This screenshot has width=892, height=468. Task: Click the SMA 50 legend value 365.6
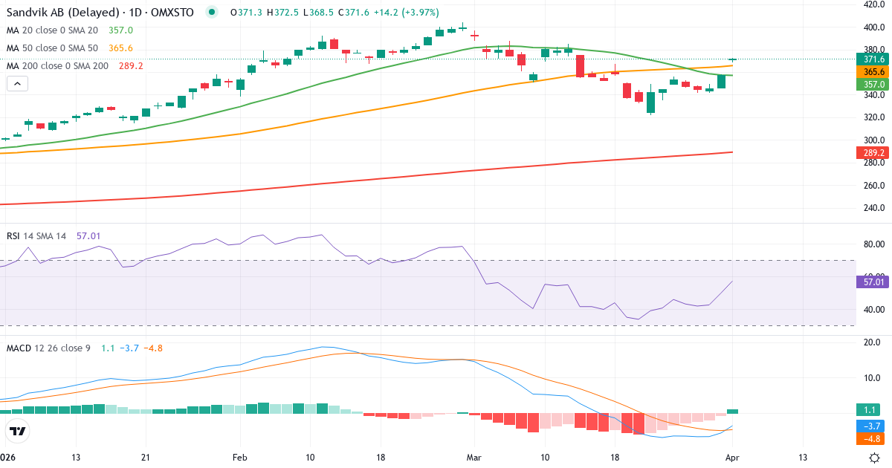(x=120, y=48)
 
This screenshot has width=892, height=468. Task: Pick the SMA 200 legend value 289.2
(x=130, y=66)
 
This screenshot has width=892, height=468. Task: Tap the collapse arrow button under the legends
(x=17, y=83)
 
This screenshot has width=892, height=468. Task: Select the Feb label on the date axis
(x=239, y=457)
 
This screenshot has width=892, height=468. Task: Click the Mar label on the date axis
(x=474, y=457)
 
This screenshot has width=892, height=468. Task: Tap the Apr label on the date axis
(x=732, y=457)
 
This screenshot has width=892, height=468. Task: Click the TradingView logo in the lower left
(x=18, y=431)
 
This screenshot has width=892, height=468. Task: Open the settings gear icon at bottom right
(x=875, y=457)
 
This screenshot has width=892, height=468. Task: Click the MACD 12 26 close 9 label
(x=48, y=348)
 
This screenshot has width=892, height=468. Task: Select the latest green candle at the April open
(x=733, y=59)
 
